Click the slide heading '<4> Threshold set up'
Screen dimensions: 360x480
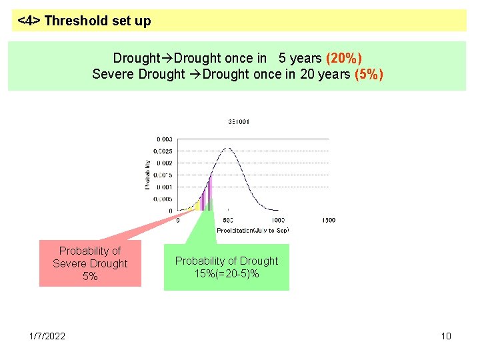pyautogui.click(x=85, y=21)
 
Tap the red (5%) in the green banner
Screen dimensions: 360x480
pyautogui.click(x=369, y=74)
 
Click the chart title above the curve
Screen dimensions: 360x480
pyautogui.click(x=239, y=122)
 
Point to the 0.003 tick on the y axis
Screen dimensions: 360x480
pyautogui.click(x=165, y=139)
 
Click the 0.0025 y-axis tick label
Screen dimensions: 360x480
pyautogui.click(x=163, y=151)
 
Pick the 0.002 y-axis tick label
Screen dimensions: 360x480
pyautogui.click(x=165, y=163)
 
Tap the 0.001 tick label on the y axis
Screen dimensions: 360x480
pyautogui.click(x=165, y=187)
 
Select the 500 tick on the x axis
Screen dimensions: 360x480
pyautogui.click(x=227, y=221)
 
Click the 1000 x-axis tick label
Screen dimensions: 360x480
pyautogui.click(x=278, y=221)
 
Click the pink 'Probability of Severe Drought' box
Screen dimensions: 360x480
pyautogui.click(x=90, y=263)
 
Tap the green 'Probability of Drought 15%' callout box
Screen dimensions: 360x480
pyautogui.click(x=227, y=267)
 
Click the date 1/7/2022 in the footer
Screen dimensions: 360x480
pyautogui.click(x=47, y=336)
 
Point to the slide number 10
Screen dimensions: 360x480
pyautogui.click(x=446, y=336)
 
